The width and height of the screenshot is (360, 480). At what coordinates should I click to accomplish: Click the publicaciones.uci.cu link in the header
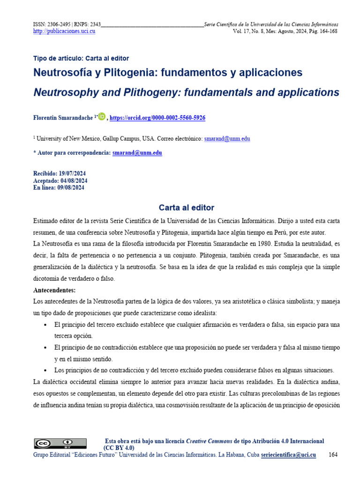(x=64, y=31)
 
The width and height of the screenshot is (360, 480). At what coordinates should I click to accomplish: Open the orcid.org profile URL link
(x=157, y=118)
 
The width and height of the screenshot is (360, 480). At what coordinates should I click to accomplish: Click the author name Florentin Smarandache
(x=63, y=118)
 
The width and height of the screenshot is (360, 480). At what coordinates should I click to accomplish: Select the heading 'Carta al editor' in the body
(x=186, y=208)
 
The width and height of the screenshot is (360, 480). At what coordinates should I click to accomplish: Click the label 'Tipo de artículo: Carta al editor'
(x=81, y=59)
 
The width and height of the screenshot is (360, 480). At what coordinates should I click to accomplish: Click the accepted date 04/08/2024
(x=74, y=181)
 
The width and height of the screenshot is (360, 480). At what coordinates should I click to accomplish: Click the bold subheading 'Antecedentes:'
(x=54, y=290)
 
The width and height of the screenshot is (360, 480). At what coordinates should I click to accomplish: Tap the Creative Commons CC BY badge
(x=60, y=443)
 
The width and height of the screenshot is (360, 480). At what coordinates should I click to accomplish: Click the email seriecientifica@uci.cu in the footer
(x=288, y=455)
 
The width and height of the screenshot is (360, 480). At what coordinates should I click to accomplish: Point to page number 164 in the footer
(x=333, y=455)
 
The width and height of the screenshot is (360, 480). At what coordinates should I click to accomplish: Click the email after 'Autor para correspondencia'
(x=137, y=153)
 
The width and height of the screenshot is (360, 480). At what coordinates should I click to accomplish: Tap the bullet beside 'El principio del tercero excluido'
(x=45, y=325)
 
